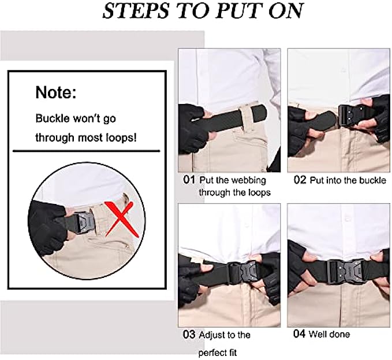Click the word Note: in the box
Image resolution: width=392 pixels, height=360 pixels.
[55, 92]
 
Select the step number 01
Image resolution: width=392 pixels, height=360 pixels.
[189, 180]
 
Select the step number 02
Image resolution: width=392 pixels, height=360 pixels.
[300, 180]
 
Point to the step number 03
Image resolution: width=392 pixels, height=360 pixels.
[188, 335]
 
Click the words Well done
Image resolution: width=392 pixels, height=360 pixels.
[330, 334]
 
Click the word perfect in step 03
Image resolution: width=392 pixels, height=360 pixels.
[214, 352]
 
